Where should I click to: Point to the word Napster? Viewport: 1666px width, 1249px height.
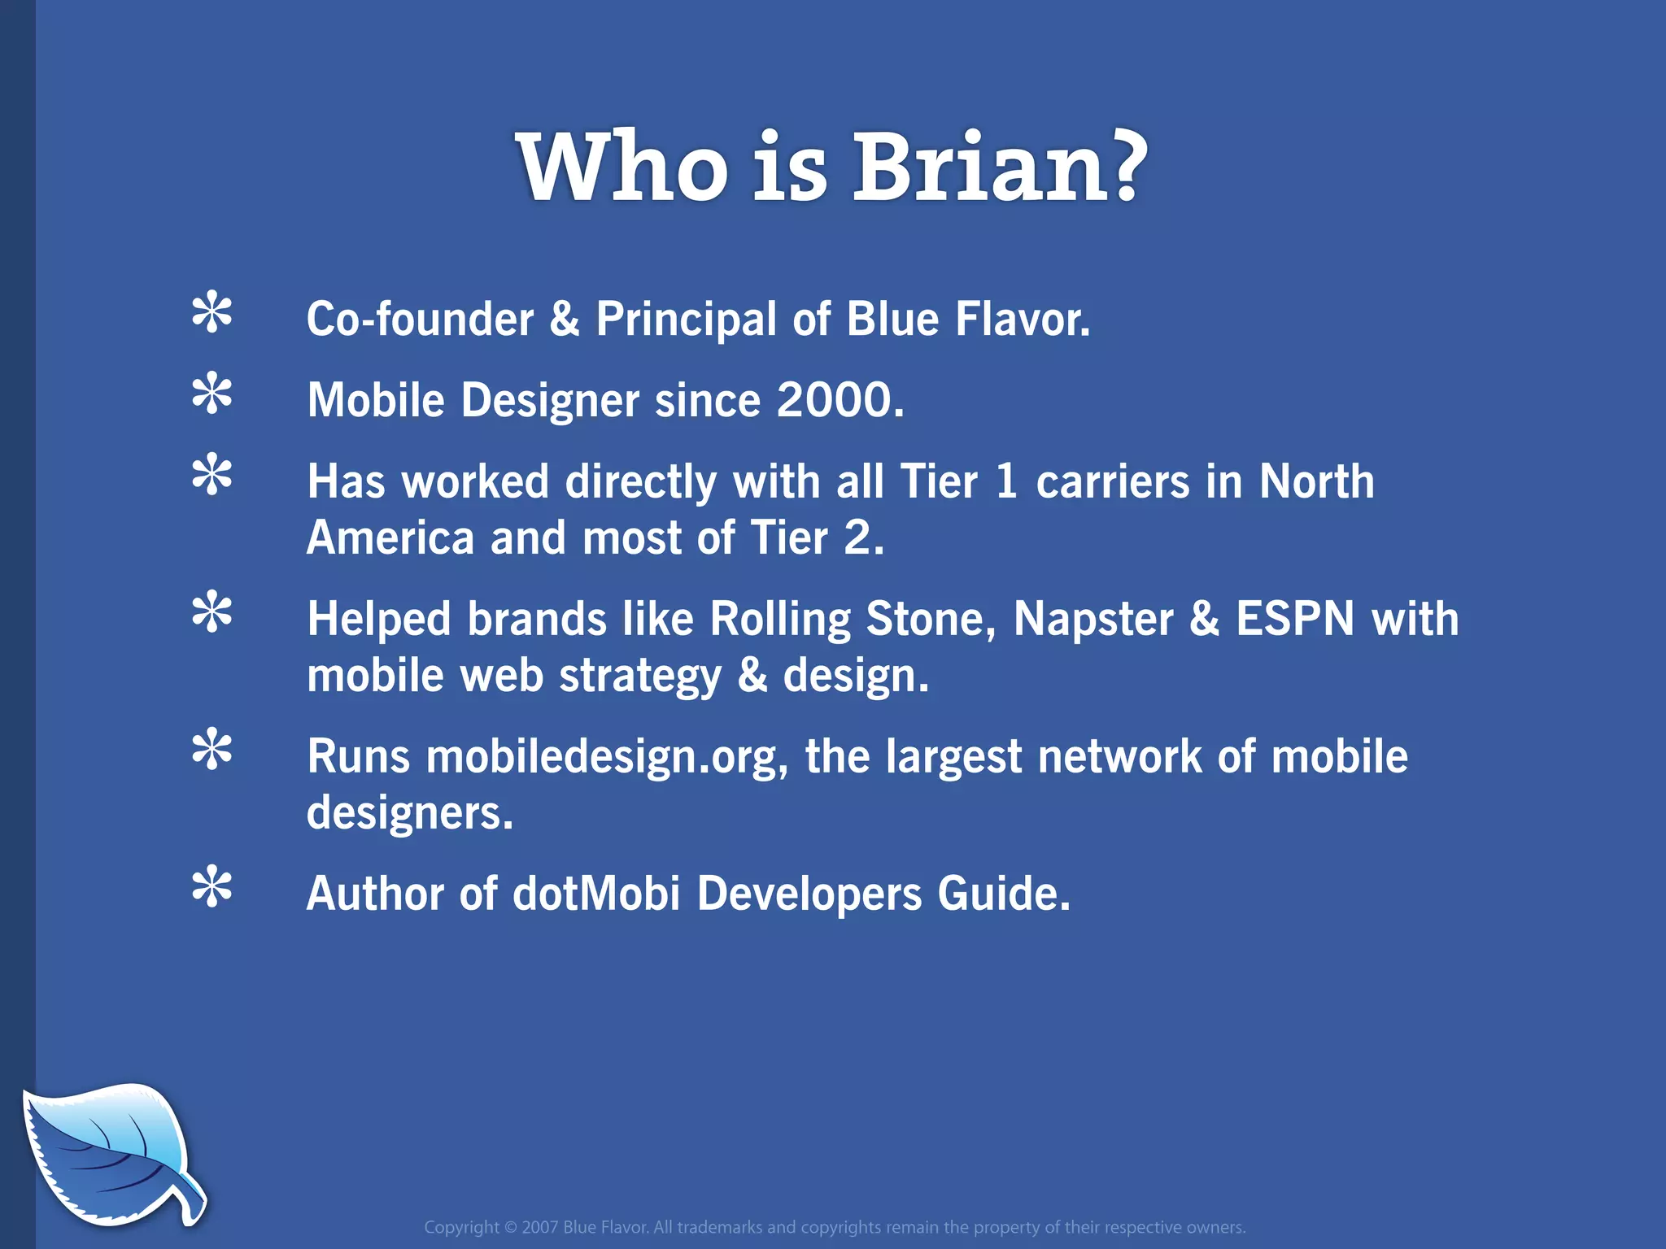tap(1092, 620)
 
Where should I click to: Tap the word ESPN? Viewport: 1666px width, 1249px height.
tap(1295, 620)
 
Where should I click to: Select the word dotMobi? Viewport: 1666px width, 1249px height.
tap(595, 894)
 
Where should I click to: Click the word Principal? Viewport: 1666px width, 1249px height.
tap(686, 320)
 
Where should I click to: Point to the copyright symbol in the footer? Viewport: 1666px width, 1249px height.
tap(510, 1227)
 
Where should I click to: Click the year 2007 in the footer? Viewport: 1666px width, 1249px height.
tap(540, 1227)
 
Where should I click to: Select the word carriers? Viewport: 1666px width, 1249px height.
tap(1112, 482)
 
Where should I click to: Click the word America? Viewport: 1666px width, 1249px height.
tap(390, 538)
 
